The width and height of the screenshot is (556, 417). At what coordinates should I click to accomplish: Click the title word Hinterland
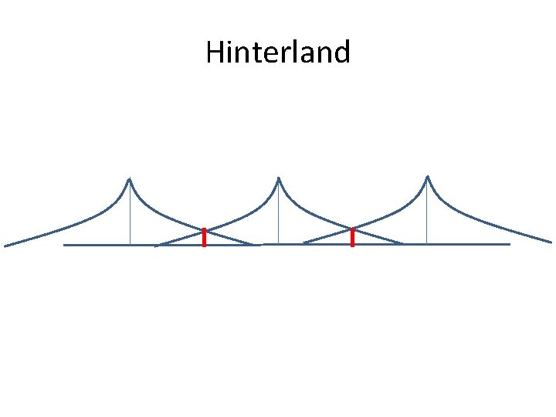pos(278,53)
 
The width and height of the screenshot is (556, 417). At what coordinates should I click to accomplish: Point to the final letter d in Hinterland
pos(341,53)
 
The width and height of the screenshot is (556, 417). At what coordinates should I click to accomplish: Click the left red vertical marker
pos(204,238)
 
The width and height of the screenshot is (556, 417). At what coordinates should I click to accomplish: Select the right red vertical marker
pos(352,238)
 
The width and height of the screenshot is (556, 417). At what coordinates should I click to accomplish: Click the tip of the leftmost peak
pos(130,179)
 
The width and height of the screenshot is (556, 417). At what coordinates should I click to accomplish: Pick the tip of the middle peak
pos(278,178)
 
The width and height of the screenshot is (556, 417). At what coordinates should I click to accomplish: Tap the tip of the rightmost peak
pos(427,177)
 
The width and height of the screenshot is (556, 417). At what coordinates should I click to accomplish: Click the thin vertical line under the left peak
pos(130,216)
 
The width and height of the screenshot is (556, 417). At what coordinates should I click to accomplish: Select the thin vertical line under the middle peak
pos(278,216)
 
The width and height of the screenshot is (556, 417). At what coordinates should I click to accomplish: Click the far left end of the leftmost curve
pos(5,246)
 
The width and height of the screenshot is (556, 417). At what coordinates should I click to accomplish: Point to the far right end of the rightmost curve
pos(551,242)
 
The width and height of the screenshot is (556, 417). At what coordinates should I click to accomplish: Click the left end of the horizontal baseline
pos(65,245)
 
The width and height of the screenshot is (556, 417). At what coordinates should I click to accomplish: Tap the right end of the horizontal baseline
pos(509,244)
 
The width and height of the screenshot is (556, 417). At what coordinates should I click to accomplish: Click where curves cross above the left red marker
pos(204,230)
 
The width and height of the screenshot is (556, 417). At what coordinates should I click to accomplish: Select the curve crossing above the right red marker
pos(352,229)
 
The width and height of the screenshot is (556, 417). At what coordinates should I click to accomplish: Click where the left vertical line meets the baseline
pos(130,245)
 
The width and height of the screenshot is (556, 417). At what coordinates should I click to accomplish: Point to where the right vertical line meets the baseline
pos(427,244)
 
